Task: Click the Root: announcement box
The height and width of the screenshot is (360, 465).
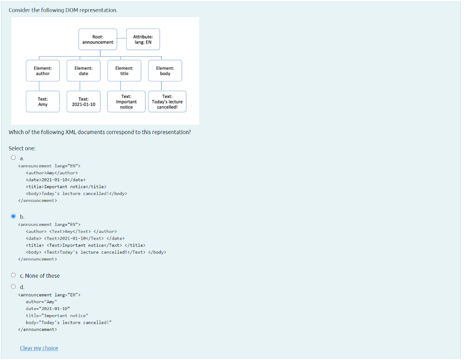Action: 98,40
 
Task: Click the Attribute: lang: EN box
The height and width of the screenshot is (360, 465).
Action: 143,40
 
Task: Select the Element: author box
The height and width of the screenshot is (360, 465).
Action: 43,70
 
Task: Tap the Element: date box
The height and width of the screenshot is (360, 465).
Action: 84,70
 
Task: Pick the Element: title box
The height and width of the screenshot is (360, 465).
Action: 124,70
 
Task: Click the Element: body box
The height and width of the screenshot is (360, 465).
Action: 165,70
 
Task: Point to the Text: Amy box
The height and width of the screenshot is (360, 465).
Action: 43,101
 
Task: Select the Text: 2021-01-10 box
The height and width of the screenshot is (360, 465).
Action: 84,101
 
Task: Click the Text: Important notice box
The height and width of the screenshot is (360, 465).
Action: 126,101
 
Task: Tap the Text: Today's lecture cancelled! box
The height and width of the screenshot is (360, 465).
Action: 167,101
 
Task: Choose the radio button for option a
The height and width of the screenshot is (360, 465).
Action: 13,158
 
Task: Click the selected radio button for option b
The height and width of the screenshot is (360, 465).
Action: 13,216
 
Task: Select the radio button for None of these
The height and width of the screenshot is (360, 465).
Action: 13,275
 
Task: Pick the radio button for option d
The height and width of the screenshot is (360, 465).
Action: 13,287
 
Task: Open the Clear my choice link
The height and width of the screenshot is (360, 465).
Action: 39,348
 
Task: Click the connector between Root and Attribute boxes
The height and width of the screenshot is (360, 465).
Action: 121,40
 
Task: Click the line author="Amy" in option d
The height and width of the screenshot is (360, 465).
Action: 41,302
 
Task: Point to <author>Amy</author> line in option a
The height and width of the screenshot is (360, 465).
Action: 52,173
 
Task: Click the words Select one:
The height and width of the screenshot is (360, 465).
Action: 22,148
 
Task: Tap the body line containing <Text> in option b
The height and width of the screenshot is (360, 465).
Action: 96,252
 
